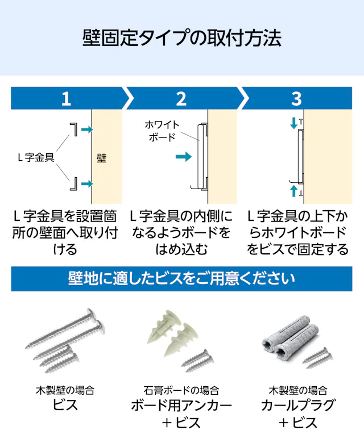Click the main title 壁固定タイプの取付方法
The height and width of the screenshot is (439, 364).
pos(182,38)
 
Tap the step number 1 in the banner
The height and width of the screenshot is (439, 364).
pos(66,99)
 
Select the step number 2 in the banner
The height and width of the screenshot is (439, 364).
pos(181,99)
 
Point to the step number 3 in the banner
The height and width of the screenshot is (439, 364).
pos(296,99)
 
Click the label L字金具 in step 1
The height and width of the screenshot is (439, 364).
pos(36,157)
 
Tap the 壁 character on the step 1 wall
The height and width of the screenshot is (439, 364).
pos(101,158)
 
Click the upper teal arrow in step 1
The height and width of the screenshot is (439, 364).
pos(87,129)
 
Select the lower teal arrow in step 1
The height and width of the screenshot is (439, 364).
pos(87,183)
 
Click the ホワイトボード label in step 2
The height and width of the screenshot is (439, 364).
pos(162,131)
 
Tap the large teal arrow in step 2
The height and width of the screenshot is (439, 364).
pos(184,157)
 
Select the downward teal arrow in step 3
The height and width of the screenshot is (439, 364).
pos(293,123)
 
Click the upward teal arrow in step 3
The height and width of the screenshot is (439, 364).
pos(293,191)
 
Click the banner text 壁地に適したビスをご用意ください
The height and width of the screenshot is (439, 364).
pos(181,279)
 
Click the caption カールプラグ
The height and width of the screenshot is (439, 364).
pos(298,405)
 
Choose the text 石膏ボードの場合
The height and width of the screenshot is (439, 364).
pos(181,390)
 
